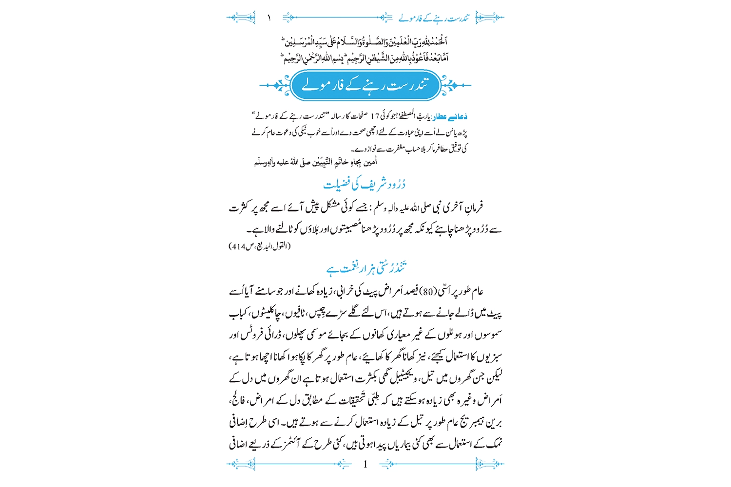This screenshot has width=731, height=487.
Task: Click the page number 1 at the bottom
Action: coord(365,465)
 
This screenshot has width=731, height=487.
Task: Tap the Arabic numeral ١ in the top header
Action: coord(269,18)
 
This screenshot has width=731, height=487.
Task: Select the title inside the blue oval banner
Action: coord(365,85)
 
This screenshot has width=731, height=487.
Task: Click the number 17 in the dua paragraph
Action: coord(375,117)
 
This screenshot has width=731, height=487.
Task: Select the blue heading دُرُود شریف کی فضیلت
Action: coord(365,184)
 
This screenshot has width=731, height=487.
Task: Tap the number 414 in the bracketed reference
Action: coord(239,246)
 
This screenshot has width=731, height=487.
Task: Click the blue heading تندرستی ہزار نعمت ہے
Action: coord(366,268)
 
